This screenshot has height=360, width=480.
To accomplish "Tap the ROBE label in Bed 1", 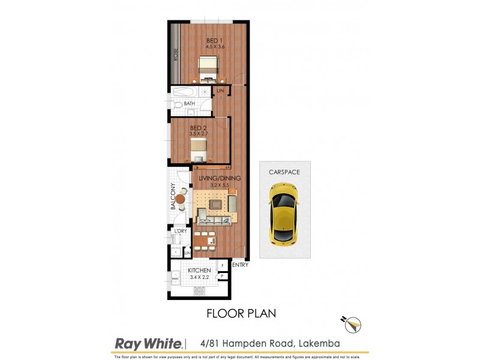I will click(176, 56).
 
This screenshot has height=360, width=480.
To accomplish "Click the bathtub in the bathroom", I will click(191, 92).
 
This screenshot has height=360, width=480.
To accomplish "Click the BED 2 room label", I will click(199, 128).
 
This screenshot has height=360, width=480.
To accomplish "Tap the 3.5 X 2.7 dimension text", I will click(199, 134).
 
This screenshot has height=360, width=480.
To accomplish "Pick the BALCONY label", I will click(172, 197).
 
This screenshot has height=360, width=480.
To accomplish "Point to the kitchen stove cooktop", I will click(200, 292).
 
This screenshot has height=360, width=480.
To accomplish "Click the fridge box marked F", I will click(223, 265).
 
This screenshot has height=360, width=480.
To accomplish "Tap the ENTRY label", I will click(240, 265).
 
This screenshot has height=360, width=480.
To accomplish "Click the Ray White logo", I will click(148, 344).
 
